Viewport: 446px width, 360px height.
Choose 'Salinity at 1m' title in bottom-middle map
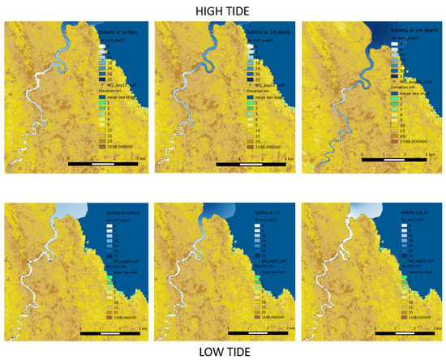click(x=243, y=214)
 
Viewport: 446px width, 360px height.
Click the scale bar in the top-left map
click(x=105, y=164)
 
